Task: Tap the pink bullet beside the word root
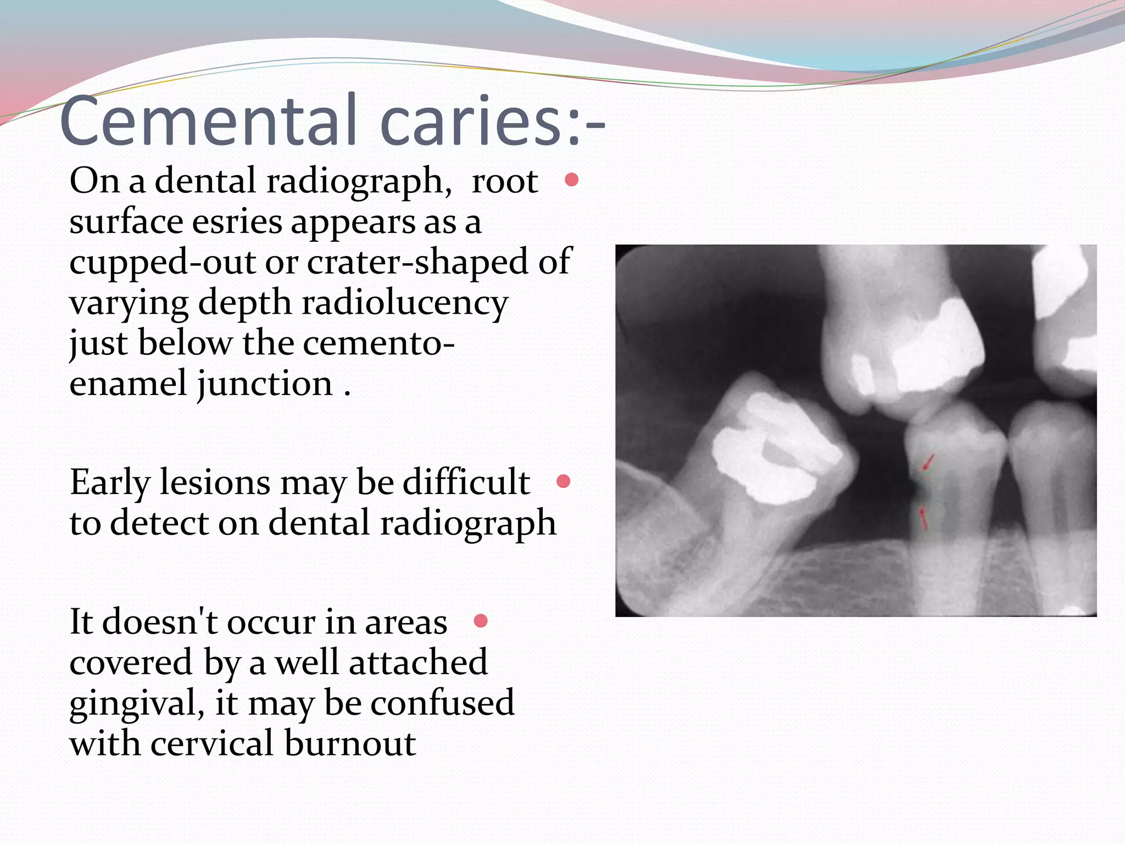coord(571,180)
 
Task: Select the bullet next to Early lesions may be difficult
coord(563,482)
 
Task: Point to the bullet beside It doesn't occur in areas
coord(481,621)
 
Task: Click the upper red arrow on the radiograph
coord(928,463)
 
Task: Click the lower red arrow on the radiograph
coord(923,518)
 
